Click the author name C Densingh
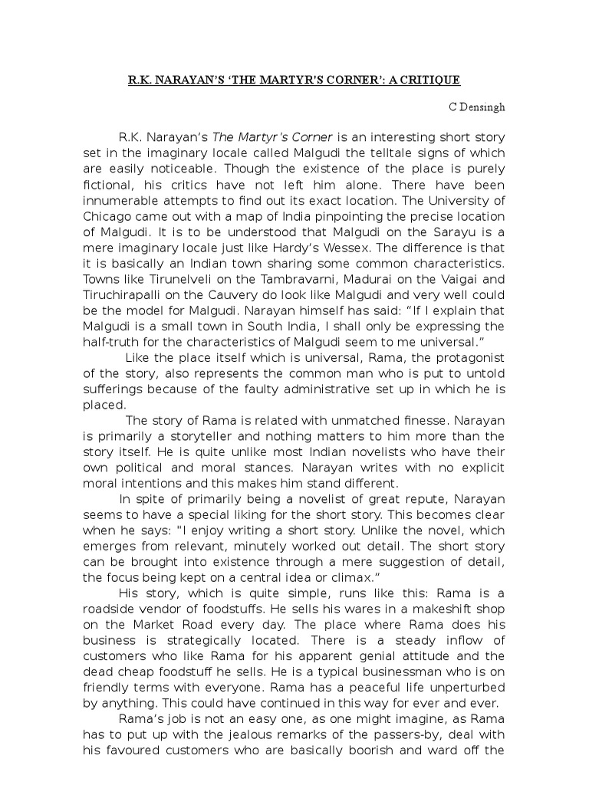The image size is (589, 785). pyautogui.click(x=477, y=107)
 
